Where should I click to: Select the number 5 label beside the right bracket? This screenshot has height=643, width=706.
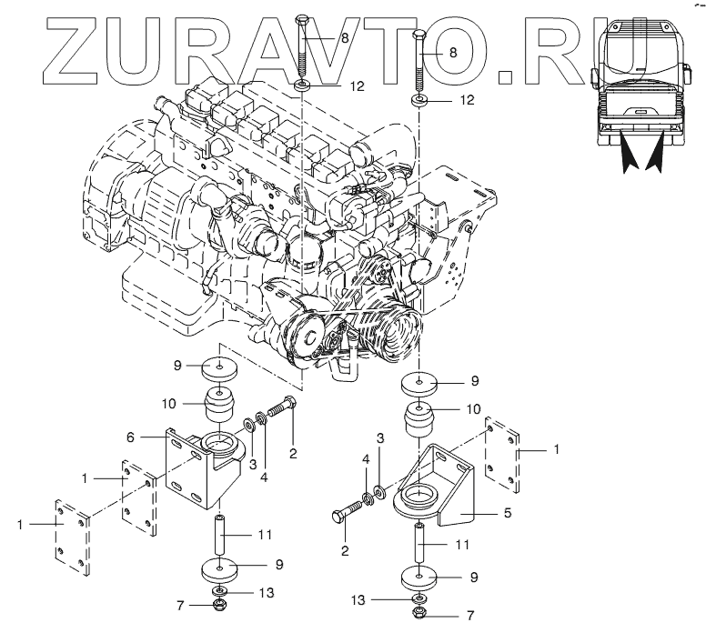click(x=507, y=513)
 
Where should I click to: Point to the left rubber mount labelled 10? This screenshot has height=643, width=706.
click(x=220, y=407)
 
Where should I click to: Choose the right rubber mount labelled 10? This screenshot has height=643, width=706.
click(x=417, y=423)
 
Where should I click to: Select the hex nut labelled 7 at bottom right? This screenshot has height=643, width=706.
click(x=418, y=615)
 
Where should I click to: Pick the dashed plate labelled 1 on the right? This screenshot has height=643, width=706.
click(x=502, y=452)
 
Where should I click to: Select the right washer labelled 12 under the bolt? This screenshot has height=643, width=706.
click(x=419, y=97)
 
